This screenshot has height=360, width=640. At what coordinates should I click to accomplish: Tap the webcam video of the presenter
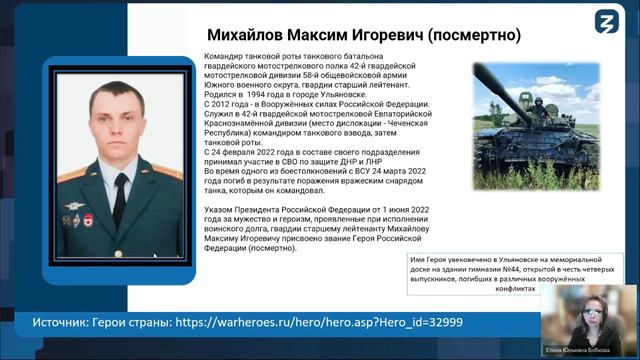tap(589, 315)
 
